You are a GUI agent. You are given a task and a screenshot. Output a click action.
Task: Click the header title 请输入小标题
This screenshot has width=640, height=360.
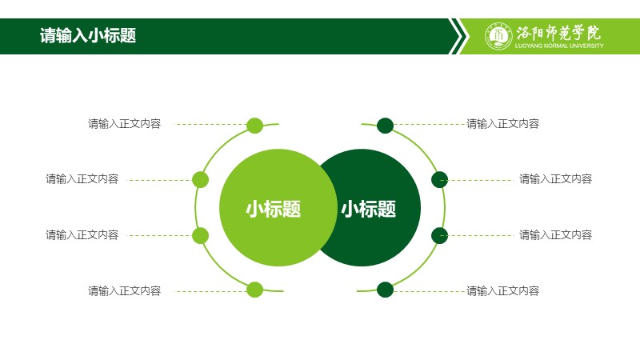(x=88, y=35)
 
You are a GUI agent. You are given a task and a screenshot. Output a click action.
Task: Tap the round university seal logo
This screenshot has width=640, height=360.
(x=498, y=36)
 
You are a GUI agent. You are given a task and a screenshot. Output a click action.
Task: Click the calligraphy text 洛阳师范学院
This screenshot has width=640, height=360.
(x=558, y=33)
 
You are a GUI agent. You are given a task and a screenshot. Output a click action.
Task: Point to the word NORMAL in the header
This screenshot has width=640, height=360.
(x=556, y=46)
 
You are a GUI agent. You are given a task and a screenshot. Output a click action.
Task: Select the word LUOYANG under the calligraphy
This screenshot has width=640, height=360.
(x=529, y=46)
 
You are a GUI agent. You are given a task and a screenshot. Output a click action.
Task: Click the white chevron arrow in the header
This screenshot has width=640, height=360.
(x=458, y=36)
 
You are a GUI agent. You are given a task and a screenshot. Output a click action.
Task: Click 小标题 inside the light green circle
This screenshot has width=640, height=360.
(x=273, y=209)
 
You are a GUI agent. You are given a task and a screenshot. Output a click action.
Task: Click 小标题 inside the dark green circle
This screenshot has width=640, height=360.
(x=369, y=209)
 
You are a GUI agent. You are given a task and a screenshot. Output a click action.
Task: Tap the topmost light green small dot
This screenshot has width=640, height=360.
(x=254, y=126)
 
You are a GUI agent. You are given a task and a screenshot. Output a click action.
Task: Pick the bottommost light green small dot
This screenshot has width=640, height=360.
(x=254, y=290)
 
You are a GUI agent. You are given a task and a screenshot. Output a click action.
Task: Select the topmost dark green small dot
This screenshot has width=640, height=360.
(x=385, y=126)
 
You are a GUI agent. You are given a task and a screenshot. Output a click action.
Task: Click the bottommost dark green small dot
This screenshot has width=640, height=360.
(x=385, y=290)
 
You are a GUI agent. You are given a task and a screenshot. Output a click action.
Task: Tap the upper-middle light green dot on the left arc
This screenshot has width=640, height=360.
(x=201, y=179)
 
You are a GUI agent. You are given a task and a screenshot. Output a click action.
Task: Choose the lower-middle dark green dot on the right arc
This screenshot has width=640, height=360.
(x=439, y=235)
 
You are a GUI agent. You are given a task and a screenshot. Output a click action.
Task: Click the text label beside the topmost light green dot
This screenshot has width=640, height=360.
(x=125, y=124)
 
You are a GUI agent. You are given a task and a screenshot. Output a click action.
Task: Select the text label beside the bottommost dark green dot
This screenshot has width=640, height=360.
(x=503, y=290)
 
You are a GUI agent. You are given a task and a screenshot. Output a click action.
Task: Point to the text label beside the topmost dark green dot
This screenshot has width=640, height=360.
(x=503, y=124)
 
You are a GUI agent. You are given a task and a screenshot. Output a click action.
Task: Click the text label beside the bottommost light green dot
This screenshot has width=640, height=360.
(x=125, y=290)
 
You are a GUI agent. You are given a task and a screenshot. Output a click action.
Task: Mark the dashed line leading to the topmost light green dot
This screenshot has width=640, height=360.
(x=210, y=124)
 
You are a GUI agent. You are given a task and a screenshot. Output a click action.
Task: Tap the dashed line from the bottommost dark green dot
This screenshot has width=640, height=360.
(x=430, y=291)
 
